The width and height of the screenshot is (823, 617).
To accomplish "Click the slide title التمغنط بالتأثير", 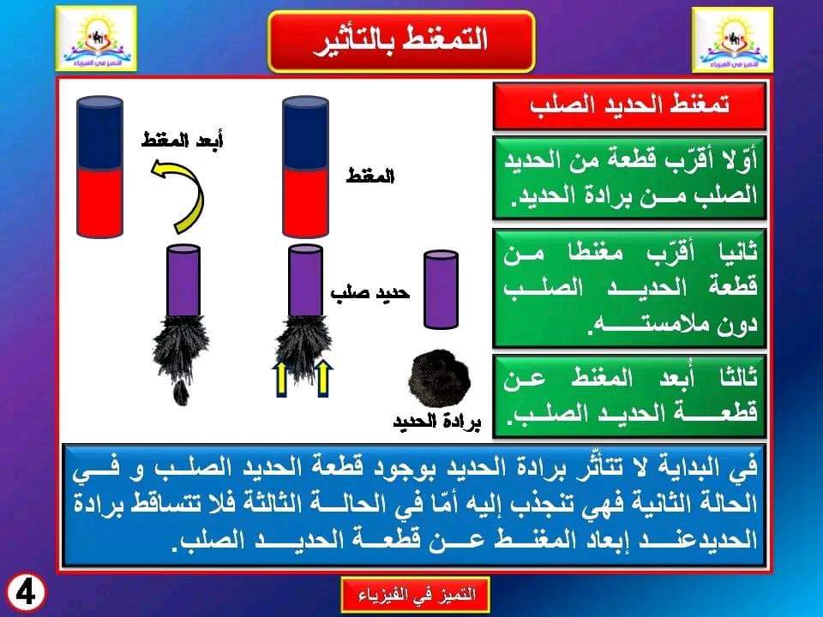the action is [x=401, y=41].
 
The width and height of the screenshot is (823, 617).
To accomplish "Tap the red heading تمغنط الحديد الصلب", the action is [x=628, y=105].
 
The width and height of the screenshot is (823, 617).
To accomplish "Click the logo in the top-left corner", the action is [x=97, y=39].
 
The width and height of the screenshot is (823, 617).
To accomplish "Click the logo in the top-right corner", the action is [x=732, y=39].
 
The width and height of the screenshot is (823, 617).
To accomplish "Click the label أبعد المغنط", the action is [x=182, y=141].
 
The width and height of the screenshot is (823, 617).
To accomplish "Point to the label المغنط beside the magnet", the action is [x=370, y=177].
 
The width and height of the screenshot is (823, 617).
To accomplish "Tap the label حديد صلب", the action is [x=370, y=293].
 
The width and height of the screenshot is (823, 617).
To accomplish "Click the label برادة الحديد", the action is [x=437, y=422].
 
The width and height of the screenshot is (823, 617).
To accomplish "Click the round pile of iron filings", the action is [x=440, y=380].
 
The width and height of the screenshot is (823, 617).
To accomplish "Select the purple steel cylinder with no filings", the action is [x=441, y=290].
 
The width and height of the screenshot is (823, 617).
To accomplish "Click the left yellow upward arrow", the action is [x=282, y=378].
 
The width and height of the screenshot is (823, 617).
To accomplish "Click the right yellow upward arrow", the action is [x=323, y=378].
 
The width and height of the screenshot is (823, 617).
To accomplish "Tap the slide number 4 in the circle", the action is [x=25, y=593].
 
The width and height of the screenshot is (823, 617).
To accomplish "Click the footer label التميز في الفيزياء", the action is [x=416, y=595].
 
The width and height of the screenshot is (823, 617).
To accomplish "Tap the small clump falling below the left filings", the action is [x=182, y=392].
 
